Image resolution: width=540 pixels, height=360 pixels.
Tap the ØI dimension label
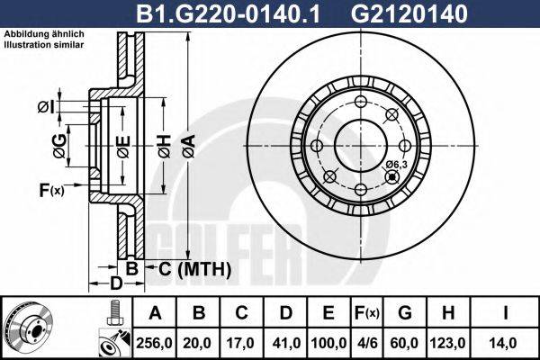point(46,109)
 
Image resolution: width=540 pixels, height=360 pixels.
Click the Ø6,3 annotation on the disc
point(397,164)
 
